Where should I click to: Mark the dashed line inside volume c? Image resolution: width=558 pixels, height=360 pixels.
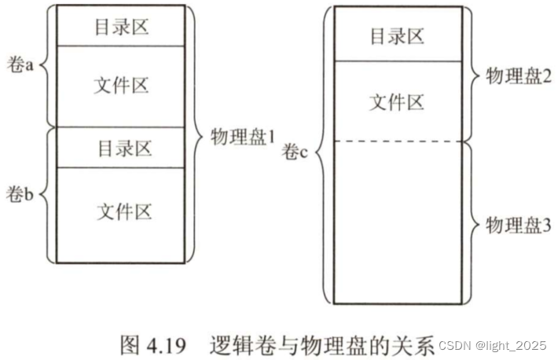tap(396, 141)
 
